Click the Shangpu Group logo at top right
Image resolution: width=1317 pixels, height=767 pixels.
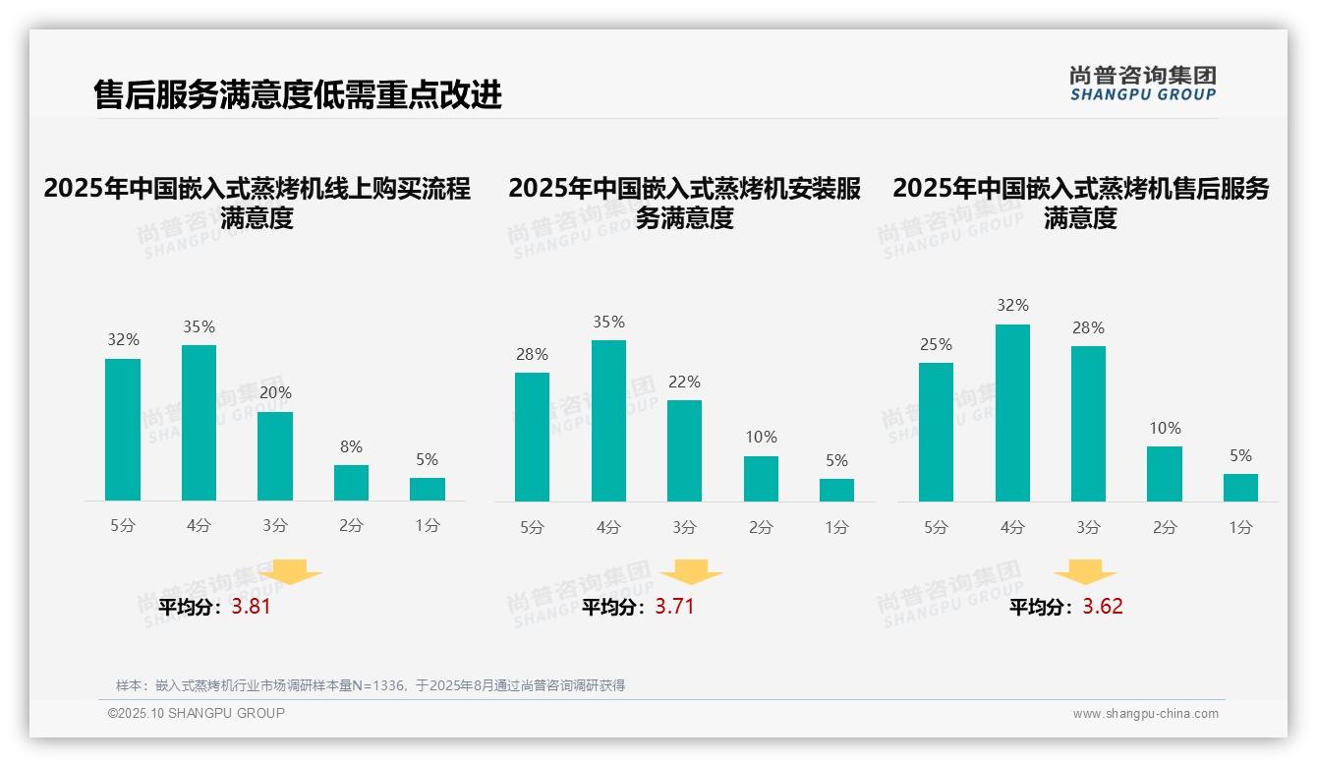point(1142,84)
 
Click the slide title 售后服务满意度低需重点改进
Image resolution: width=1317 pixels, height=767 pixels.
point(298,94)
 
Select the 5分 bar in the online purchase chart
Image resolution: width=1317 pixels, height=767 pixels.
point(123,430)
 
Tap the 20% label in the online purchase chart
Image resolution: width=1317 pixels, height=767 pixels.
point(275,392)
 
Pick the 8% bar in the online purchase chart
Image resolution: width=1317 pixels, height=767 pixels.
point(351,483)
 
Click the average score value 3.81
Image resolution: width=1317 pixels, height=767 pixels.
point(251,607)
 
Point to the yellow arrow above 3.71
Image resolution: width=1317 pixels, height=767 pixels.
point(691,572)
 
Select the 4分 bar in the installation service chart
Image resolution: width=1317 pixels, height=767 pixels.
point(608,421)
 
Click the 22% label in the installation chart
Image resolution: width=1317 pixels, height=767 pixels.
point(684,382)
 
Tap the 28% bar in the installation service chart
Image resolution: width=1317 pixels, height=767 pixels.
point(532,437)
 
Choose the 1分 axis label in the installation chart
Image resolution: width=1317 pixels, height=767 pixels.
point(836,528)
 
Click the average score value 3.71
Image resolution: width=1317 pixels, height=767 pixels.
point(674,607)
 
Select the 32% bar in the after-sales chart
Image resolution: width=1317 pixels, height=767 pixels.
point(1012,413)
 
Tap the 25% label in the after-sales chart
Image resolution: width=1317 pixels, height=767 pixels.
point(936,344)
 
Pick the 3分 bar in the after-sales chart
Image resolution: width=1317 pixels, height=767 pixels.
point(1088,424)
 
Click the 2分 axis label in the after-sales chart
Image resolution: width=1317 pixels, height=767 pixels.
point(1165,528)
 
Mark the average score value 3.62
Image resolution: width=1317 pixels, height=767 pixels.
point(1103,607)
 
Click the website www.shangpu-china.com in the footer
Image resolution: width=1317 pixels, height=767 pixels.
point(1145,714)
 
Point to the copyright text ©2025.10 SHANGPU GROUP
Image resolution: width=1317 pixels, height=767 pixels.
point(197,713)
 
